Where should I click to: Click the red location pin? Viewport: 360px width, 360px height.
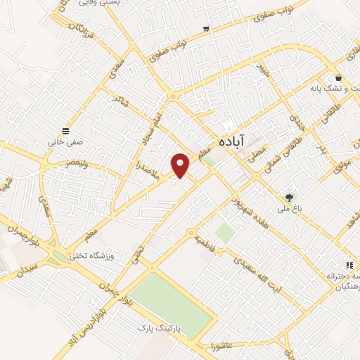[181, 164]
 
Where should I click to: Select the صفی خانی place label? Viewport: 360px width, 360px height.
[66, 141]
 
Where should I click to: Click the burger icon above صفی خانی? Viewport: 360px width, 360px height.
[66, 131]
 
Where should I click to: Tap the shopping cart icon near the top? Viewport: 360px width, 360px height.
[206, 29]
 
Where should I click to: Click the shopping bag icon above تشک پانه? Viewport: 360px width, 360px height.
[339, 77]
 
